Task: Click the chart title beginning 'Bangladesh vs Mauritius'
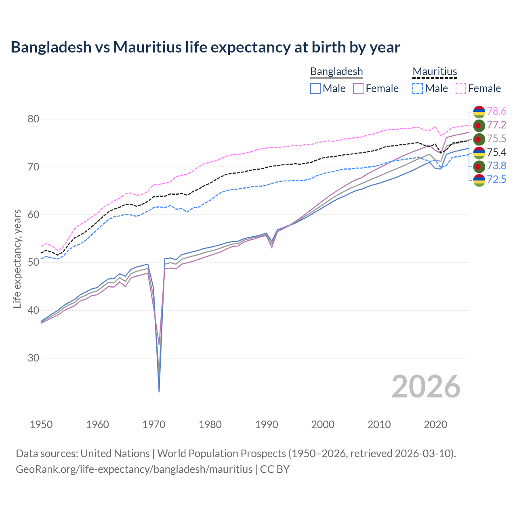pos(205,47)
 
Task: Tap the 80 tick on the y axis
pos(33,119)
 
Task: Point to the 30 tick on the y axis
pos(33,358)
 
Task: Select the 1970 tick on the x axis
pos(154,425)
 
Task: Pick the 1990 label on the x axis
pos(267,425)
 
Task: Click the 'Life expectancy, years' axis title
pos(17,258)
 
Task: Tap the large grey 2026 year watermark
pos(426,387)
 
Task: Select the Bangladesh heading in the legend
pos(336,71)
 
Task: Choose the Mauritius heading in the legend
pos(435,71)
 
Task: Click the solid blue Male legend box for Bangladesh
pos(315,88)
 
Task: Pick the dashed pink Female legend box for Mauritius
pos(461,88)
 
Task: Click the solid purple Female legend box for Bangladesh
pos(358,88)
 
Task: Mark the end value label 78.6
pos(496,111)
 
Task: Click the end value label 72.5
pos(496,179)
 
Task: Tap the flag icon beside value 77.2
pos(479,125)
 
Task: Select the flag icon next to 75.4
pos(479,153)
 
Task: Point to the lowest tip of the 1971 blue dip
pos(159,392)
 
